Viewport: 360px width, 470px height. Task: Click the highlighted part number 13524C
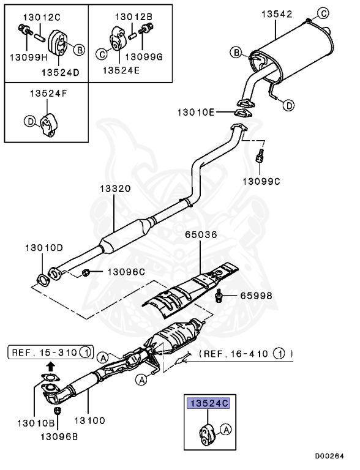point(208,403)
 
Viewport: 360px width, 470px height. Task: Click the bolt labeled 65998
point(219,296)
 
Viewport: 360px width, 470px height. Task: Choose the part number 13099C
point(261,181)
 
